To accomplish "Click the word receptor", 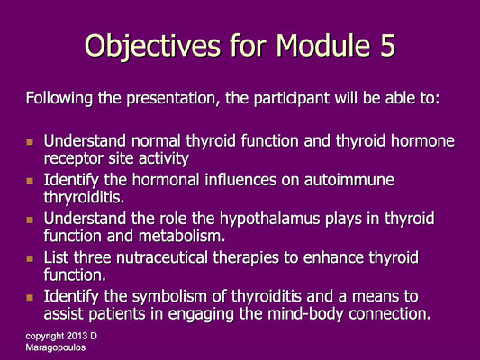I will (74, 158).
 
